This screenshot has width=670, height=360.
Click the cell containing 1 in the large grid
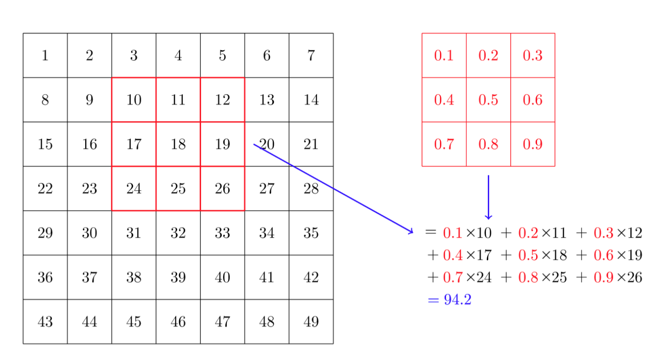click(x=45, y=55)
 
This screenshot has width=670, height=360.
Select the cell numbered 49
click(x=311, y=322)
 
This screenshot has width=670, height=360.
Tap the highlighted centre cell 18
click(x=178, y=144)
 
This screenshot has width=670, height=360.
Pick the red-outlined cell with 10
click(x=134, y=99)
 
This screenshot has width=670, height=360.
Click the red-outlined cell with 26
click(x=223, y=189)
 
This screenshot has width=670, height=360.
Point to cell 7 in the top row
click(x=311, y=55)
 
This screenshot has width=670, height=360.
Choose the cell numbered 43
click(x=45, y=322)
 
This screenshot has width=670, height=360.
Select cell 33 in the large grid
click(x=223, y=233)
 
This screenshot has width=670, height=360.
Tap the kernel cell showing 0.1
click(x=444, y=55)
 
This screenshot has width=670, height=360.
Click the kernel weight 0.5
click(x=488, y=99)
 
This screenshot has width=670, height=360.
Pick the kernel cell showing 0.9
click(x=533, y=144)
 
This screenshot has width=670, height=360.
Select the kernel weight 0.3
click(x=533, y=55)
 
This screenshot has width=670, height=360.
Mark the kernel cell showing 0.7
click(x=444, y=144)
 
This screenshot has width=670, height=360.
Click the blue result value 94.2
click(x=457, y=300)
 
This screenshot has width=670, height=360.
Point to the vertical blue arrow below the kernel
click(x=488, y=197)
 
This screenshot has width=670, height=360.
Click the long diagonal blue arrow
click(x=334, y=189)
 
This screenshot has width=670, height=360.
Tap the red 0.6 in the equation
click(x=604, y=255)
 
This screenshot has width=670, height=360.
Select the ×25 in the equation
click(x=554, y=278)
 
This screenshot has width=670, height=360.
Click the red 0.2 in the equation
click(x=528, y=233)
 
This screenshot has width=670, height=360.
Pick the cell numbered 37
click(x=89, y=278)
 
